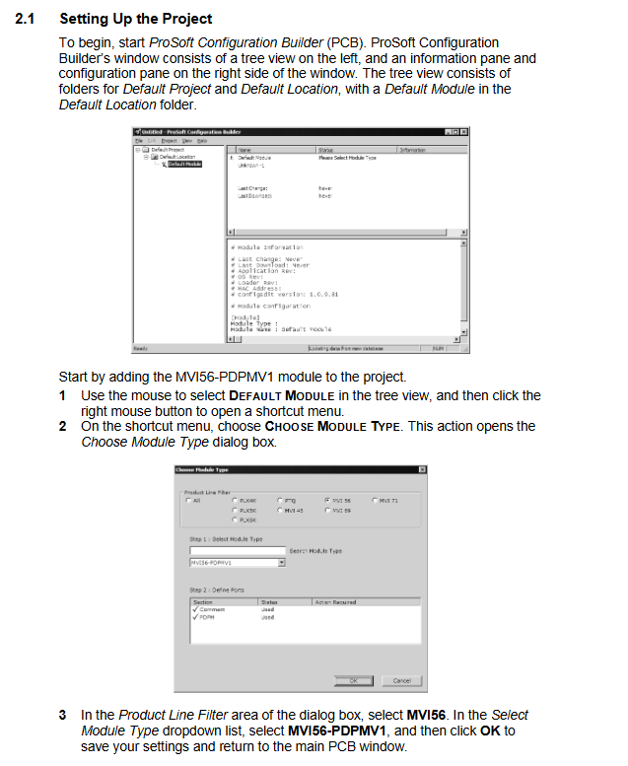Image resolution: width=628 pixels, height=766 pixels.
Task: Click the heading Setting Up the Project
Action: click(x=135, y=19)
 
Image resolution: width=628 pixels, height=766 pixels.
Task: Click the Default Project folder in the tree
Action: click(x=168, y=150)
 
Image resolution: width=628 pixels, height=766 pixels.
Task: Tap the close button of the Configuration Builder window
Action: click(x=464, y=131)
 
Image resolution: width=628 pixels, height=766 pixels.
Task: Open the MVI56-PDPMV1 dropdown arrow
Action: click(x=281, y=563)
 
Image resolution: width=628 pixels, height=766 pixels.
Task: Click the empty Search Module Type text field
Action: click(x=237, y=550)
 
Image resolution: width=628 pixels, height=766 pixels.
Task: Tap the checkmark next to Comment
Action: click(x=194, y=609)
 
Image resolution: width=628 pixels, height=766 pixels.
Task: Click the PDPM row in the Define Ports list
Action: click(x=207, y=617)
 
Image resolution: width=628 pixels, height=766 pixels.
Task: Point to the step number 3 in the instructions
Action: click(x=62, y=715)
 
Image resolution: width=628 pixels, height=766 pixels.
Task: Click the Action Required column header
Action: click(x=336, y=601)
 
